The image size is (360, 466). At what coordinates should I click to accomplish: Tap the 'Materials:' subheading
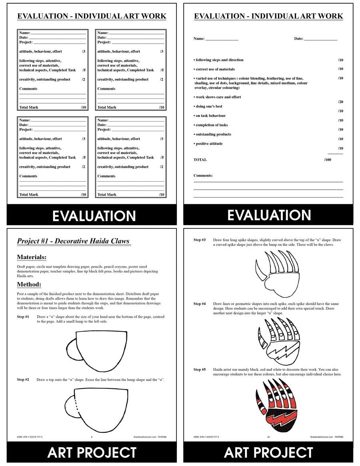point(32,257)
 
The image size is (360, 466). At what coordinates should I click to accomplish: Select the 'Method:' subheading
point(29,284)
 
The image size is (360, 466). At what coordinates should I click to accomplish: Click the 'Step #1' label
point(23,317)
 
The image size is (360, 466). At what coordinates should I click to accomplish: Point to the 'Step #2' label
point(23,379)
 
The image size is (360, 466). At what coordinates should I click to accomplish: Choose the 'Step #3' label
point(200,240)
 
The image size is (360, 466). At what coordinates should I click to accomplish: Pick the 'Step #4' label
point(200,304)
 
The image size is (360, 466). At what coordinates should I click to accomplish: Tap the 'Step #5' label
point(200,370)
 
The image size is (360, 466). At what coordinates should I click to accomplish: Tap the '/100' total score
point(328,160)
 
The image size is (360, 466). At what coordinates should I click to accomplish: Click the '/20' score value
point(340,102)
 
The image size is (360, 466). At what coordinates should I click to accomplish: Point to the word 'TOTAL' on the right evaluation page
point(200,160)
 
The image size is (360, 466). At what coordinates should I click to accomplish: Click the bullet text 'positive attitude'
point(208,144)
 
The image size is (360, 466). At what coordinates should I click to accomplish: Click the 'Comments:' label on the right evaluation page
point(203,176)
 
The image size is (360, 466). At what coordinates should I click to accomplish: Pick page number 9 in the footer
point(92,437)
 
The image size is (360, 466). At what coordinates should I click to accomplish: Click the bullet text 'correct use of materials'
point(214,69)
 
